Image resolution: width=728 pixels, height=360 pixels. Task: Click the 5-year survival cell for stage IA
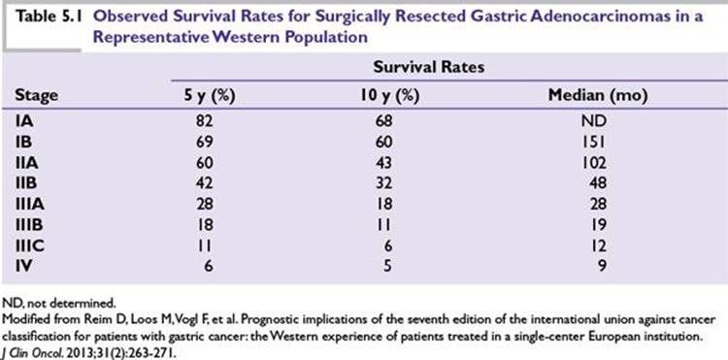pos(204,121)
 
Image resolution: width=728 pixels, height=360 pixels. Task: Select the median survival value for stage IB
pos(595,142)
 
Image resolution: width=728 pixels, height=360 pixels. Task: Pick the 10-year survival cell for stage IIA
pos(384,162)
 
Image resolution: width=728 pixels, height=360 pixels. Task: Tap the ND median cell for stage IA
pos(595,121)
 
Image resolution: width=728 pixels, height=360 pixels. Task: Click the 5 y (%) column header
pos(208,95)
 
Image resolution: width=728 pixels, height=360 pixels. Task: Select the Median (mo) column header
pos(598,95)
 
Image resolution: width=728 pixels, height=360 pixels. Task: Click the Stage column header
pos(37,95)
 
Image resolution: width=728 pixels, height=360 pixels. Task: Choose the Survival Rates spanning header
pos(428,67)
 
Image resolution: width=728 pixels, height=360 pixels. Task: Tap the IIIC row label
pos(30,245)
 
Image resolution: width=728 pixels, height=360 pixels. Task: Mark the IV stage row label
pos(23,266)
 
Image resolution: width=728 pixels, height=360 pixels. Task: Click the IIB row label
pos(26,183)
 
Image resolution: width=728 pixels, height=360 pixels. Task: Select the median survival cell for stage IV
pos(601,266)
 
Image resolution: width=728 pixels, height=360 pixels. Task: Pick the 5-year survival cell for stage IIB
pos(204,183)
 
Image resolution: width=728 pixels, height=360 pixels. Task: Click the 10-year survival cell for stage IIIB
pos(385,224)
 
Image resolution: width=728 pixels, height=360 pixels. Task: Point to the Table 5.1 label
pos(50,16)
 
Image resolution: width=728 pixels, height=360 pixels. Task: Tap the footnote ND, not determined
pos(58,304)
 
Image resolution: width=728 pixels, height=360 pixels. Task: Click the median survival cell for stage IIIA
pos(598,204)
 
